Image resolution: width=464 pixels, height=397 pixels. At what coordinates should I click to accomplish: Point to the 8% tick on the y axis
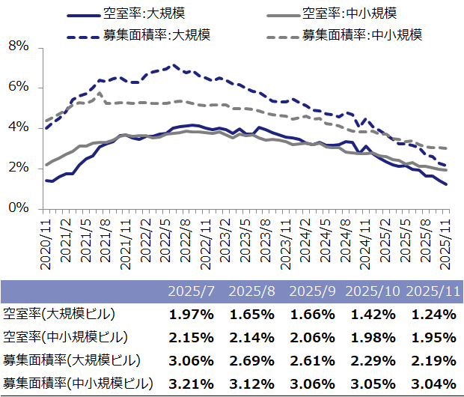(17, 46)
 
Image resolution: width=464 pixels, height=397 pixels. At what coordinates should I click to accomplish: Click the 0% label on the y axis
(17, 208)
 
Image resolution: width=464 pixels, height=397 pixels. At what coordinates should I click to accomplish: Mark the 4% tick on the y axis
(17, 127)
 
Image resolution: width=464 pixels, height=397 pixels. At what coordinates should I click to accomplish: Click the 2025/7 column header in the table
(192, 290)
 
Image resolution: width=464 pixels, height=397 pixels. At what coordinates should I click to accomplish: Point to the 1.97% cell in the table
(192, 314)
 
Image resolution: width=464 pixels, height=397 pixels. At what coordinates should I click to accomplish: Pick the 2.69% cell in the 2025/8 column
(252, 361)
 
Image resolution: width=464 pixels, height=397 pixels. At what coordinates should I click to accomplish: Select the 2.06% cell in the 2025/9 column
(312, 337)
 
